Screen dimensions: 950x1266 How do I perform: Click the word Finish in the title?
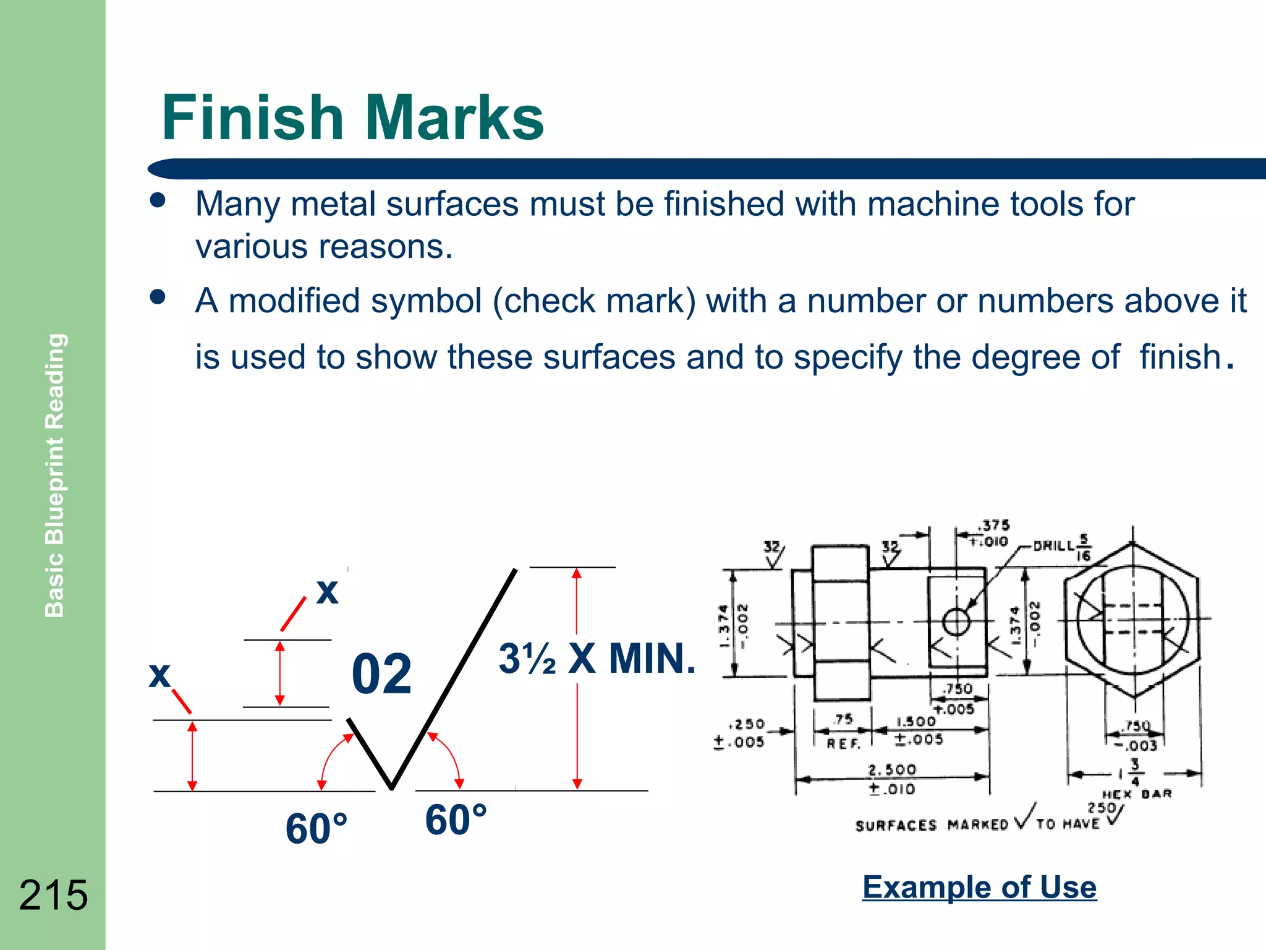(252, 118)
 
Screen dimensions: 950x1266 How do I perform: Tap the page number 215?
(53, 895)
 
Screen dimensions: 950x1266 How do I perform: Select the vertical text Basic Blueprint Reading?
(55, 475)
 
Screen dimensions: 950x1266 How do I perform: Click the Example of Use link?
(979, 887)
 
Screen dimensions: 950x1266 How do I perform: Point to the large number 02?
(381, 674)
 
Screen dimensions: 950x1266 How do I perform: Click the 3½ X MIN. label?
(597, 659)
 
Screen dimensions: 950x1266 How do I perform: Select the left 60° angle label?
(316, 829)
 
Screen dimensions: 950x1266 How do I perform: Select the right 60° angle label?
(456, 820)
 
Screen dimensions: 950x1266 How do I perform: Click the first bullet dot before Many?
(158, 200)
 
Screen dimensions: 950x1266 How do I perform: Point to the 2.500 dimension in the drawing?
(892, 770)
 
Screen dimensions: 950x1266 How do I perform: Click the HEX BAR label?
(1136, 794)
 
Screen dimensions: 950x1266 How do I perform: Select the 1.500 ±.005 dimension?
(918, 730)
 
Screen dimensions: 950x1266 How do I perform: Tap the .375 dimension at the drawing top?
(993, 526)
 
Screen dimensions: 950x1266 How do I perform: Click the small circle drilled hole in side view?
(956, 622)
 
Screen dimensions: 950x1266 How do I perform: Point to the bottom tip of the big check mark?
(391, 788)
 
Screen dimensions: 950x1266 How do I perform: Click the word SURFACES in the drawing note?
(896, 826)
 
